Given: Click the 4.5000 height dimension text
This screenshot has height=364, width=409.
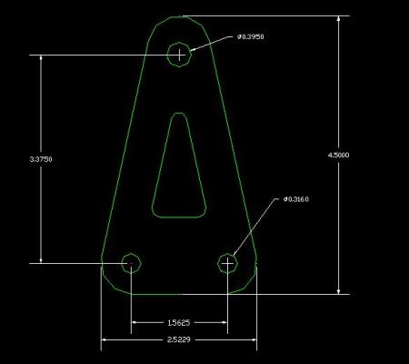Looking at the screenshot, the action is point(338,155).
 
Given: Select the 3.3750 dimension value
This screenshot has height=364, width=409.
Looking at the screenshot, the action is point(41,159).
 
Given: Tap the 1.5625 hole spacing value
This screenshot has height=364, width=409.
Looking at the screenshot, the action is point(179,323).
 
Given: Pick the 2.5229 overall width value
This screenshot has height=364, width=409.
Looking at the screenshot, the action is point(179,339).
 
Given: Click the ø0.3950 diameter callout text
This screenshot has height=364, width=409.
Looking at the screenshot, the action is point(251,36).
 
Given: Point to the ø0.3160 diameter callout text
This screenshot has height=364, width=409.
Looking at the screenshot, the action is point(296,199).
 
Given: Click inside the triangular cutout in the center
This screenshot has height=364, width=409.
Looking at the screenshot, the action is point(179,182).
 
